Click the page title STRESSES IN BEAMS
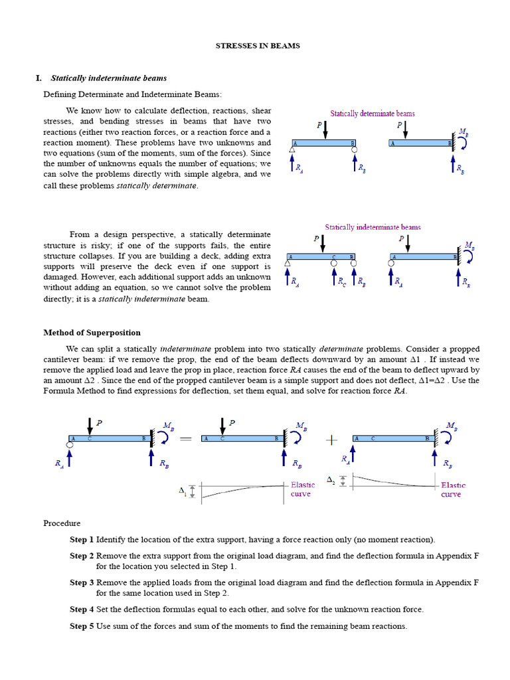(x=258, y=46)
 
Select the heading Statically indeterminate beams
(x=109, y=78)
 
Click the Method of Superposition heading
(x=92, y=333)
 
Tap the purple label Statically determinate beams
(x=373, y=114)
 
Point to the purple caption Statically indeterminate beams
(x=373, y=227)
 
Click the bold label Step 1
(x=82, y=540)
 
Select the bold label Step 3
(x=82, y=582)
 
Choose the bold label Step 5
(x=82, y=626)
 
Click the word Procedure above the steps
(x=62, y=523)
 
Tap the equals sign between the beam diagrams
(x=185, y=439)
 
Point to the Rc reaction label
(x=342, y=282)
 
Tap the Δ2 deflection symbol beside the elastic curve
(x=331, y=479)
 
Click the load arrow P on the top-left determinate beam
(x=325, y=130)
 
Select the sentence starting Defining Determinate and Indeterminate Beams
(x=132, y=94)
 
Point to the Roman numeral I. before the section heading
(x=39, y=78)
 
